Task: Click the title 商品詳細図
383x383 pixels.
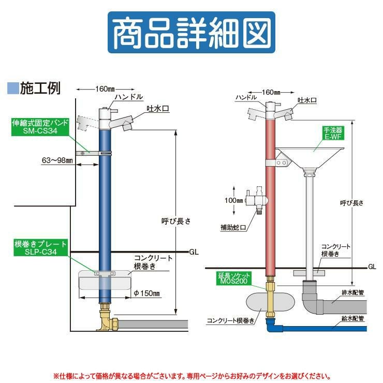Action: click(191, 33)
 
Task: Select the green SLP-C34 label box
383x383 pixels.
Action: click(40, 248)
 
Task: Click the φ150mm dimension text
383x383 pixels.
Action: click(148, 294)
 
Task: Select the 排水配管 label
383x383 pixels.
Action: click(353, 292)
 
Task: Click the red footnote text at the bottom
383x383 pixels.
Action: click(191, 374)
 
